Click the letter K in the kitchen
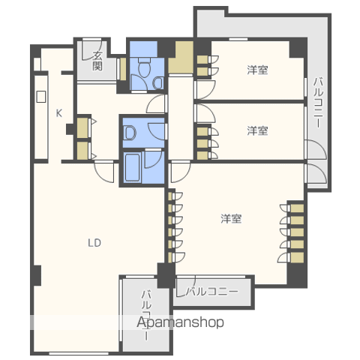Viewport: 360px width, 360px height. (59, 113)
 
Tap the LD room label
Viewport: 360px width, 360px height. (94, 243)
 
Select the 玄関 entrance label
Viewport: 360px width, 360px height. (97, 61)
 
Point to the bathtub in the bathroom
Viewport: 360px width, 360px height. (132, 168)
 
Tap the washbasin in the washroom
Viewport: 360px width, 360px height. (130, 133)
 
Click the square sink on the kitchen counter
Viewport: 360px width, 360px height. (41, 97)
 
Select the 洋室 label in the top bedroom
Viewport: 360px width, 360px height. (257, 70)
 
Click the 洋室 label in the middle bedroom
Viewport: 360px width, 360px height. (257, 130)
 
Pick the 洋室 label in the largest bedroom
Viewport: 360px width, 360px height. (231, 218)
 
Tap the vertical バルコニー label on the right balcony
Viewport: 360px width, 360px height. (318, 103)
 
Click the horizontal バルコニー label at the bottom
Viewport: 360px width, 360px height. (212, 292)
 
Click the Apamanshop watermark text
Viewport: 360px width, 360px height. (180, 322)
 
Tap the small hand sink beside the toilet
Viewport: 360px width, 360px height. (158, 83)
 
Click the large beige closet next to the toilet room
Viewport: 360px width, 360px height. (181, 58)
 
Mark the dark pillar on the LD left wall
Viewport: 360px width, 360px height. (37, 275)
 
